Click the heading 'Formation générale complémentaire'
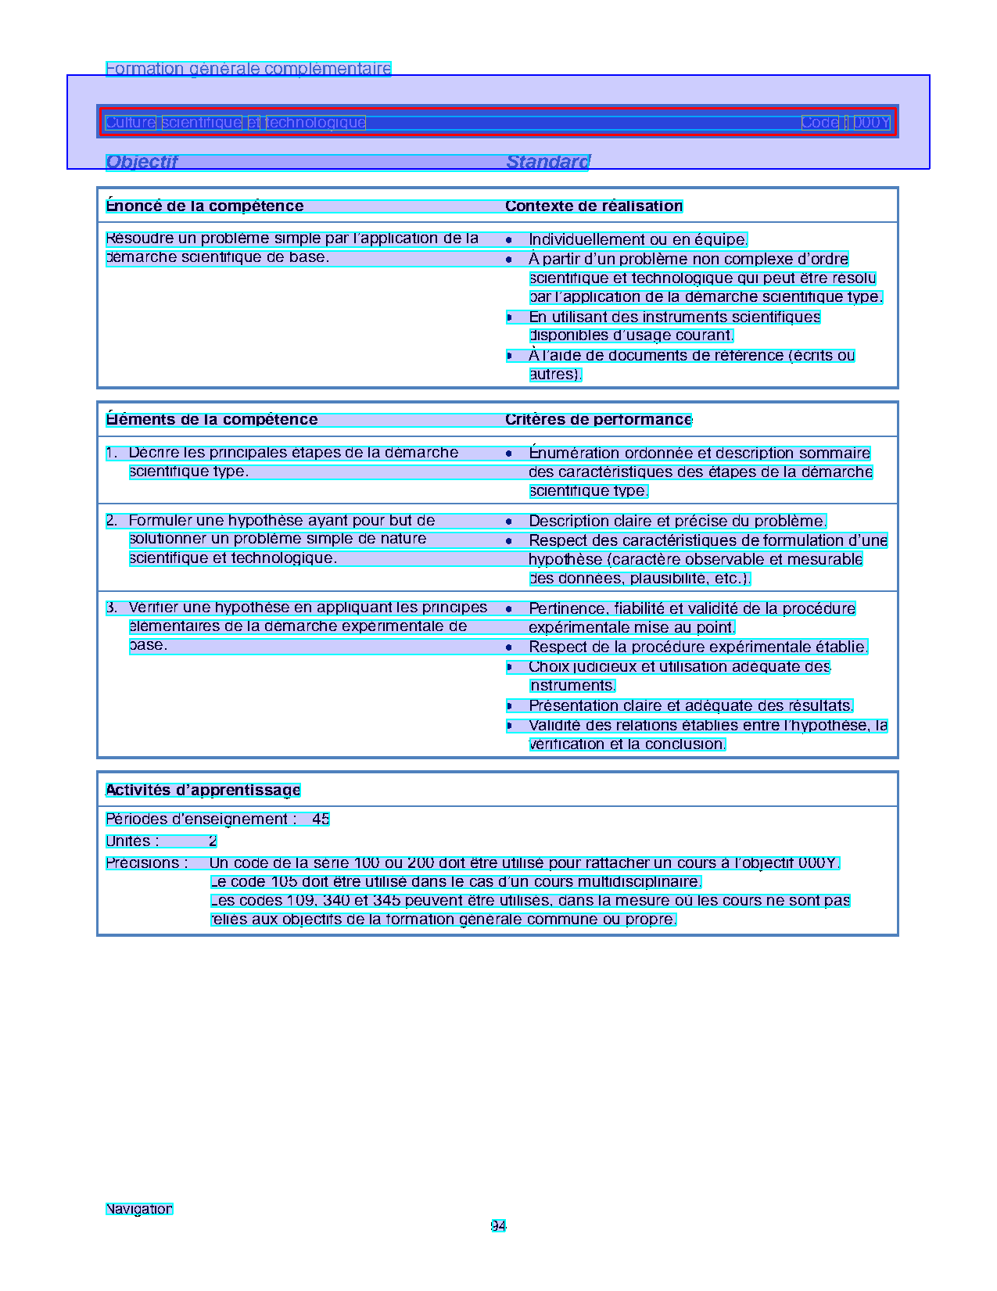(248, 69)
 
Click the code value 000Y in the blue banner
(871, 123)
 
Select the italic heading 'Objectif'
(142, 162)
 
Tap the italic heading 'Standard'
(547, 162)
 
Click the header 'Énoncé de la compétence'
(205, 206)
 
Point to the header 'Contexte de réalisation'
(594, 206)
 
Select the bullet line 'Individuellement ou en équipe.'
(638, 240)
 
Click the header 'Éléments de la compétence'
(212, 420)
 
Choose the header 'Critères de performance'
(598, 420)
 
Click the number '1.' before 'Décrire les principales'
(112, 453)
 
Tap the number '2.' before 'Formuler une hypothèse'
(112, 521)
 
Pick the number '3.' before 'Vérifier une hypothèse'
(112, 608)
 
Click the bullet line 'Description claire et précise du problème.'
(677, 522)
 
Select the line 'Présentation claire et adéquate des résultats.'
(690, 706)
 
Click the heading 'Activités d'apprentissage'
(203, 791)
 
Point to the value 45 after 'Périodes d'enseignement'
(321, 819)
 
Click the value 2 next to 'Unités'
(213, 841)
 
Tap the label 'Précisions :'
(147, 863)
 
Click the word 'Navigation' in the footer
(139, 1209)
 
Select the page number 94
(498, 1226)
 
